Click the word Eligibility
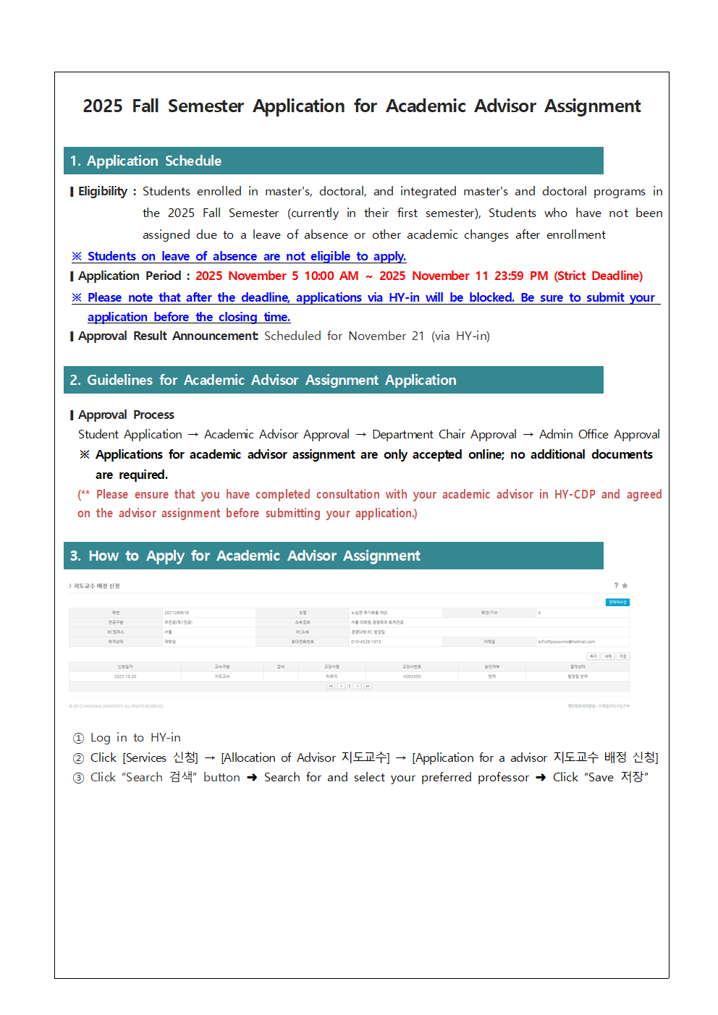[103, 192]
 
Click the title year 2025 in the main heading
[102, 106]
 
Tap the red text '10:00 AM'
[331, 276]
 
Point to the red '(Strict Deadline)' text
[599, 276]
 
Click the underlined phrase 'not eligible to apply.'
[346, 257]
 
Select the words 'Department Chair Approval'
[444, 435]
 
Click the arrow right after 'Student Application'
[193, 435]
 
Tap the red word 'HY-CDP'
[575, 495]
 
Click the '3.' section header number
[75, 556]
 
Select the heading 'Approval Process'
[126, 415]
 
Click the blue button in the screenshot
[617, 602]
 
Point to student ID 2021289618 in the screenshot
[177, 613]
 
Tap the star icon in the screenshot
[625, 586]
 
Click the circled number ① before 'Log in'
[79, 738]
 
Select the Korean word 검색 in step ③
[181, 778]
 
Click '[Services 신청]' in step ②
[160, 758]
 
